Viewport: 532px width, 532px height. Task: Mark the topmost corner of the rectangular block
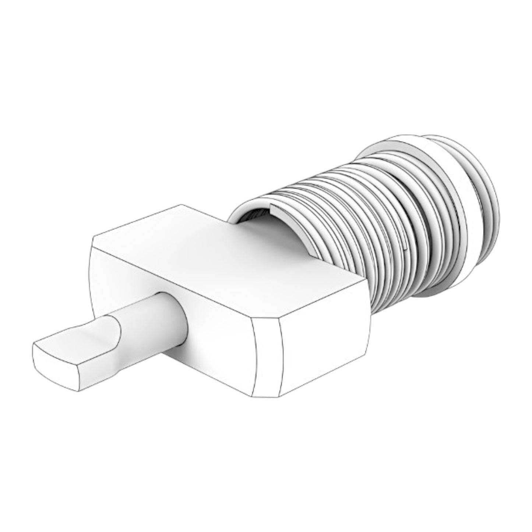[x=180, y=205]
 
